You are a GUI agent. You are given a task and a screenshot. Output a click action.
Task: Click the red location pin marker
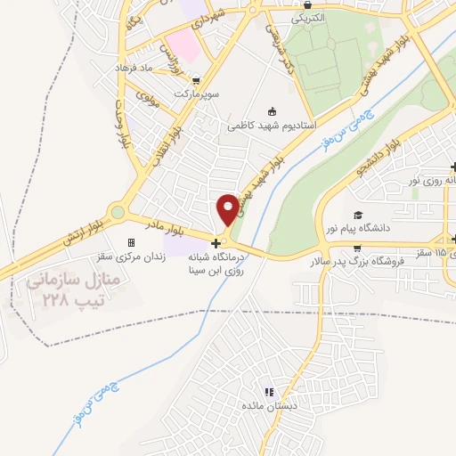pos(228,207)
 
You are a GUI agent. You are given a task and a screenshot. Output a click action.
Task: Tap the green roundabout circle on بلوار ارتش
pos(118,212)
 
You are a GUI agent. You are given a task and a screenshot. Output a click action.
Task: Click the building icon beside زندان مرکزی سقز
pos(131,242)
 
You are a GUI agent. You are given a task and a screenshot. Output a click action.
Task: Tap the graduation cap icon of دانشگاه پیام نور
pos(357,216)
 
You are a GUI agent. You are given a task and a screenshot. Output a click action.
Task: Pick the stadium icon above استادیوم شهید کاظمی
pos(271,110)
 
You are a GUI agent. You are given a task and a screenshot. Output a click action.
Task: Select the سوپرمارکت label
pos(197,93)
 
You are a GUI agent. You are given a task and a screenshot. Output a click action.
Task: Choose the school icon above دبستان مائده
pos(269,391)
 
